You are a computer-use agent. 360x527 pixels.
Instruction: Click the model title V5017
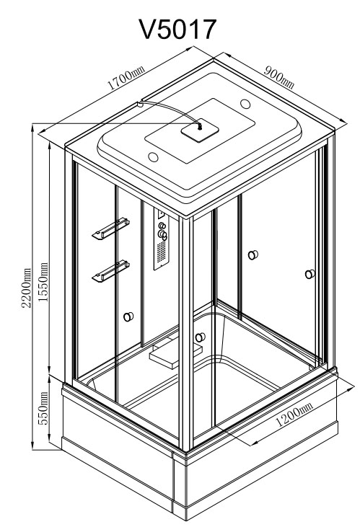pyautogui.click(x=177, y=29)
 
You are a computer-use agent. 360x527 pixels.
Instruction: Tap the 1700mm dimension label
pyautogui.click(x=126, y=78)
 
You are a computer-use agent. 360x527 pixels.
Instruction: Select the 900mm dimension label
pyautogui.click(x=279, y=77)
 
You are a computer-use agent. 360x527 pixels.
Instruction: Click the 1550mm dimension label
pyautogui.click(x=43, y=282)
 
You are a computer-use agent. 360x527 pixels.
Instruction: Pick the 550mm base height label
pyautogui.click(x=43, y=408)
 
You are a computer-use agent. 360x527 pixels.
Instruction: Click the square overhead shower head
pyautogui.click(x=200, y=130)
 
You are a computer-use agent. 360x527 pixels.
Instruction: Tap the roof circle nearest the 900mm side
pyautogui.click(x=245, y=104)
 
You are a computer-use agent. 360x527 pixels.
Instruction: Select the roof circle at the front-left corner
pyautogui.click(x=154, y=157)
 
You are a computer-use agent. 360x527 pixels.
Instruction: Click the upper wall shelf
pyautogui.click(x=110, y=229)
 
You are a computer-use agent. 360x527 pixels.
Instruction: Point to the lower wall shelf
pyautogui.click(x=110, y=271)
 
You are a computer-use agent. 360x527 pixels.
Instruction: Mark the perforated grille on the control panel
pyautogui.click(x=162, y=251)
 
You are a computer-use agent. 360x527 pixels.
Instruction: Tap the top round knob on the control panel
pyautogui.click(x=162, y=226)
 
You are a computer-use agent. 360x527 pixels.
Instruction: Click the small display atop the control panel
pyautogui.click(x=161, y=214)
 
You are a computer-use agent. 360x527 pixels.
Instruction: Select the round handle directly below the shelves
pyautogui.click(x=128, y=316)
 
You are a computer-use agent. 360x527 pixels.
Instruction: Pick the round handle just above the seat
pyautogui.click(x=200, y=337)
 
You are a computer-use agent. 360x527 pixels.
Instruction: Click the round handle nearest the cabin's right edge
pyautogui.click(x=310, y=274)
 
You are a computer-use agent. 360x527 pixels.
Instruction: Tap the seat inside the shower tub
pyautogui.click(x=175, y=354)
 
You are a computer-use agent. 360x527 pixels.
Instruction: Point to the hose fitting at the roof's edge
pyautogui.click(x=140, y=105)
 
